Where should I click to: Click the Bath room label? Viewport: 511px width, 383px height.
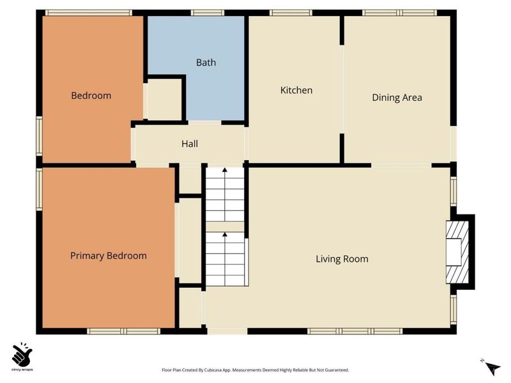(x=206, y=63)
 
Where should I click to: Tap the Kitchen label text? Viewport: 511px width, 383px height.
(x=296, y=90)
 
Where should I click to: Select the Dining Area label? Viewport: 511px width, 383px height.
(x=397, y=98)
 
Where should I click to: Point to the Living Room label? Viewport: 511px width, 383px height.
(x=342, y=259)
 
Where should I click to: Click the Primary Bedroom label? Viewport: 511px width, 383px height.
(x=109, y=255)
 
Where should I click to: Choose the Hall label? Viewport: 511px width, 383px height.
(x=190, y=144)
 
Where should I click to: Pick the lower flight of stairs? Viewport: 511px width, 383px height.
(x=225, y=259)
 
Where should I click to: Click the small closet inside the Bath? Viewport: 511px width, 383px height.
(x=165, y=99)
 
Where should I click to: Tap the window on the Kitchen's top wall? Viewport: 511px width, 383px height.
(x=291, y=12)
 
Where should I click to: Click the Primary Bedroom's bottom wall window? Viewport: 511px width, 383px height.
(x=123, y=331)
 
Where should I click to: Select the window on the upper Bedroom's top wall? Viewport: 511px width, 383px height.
(x=88, y=12)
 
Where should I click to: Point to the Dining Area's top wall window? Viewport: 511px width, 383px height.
(x=399, y=12)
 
